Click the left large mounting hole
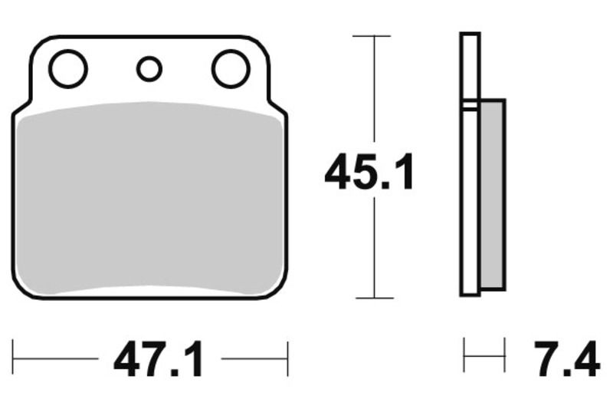[x=67, y=69]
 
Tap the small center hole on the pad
[x=149, y=69]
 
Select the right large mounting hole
[x=231, y=69]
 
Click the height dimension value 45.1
[x=369, y=173]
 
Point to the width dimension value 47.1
[x=159, y=359]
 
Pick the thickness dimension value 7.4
[x=567, y=359]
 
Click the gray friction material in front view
[x=149, y=200]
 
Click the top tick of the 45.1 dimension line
[x=373, y=35]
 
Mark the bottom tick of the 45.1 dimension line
[x=373, y=298]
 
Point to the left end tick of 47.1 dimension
[x=13, y=358]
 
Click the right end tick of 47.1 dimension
[x=287, y=358]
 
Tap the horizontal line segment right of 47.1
[x=254, y=358]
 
